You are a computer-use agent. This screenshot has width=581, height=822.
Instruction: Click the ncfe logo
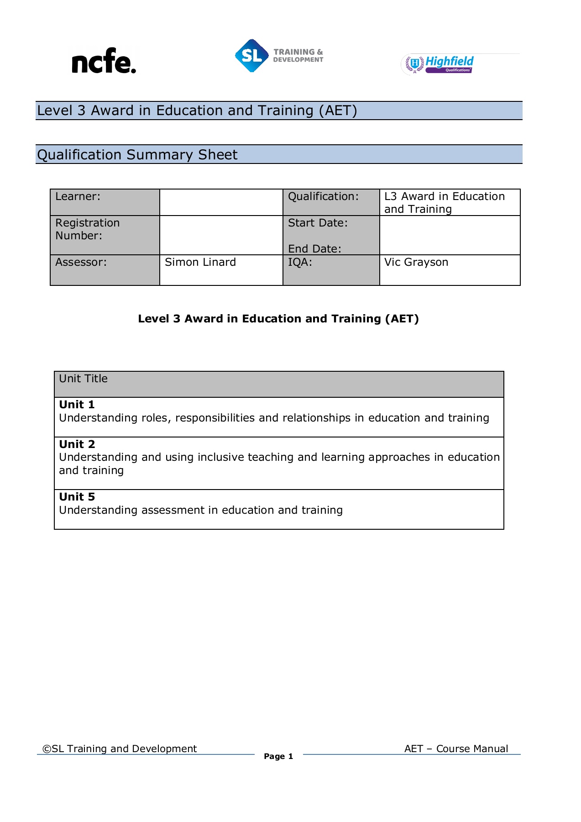(104, 61)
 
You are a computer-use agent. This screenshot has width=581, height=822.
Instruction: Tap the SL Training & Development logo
(279, 56)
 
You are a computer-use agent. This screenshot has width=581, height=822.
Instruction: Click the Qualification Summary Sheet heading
(137, 155)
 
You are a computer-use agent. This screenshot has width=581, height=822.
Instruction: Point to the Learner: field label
(78, 197)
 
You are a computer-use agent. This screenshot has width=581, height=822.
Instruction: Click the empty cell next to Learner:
(221, 202)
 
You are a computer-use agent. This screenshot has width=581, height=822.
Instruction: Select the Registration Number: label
(87, 229)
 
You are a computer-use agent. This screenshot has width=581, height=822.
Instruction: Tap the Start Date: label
(318, 223)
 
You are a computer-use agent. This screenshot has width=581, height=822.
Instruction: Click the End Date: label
(314, 249)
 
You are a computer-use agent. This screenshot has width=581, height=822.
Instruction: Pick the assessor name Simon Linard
(200, 262)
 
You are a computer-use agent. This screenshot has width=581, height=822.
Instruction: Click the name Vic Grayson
(416, 262)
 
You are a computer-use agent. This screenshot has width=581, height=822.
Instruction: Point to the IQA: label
(300, 262)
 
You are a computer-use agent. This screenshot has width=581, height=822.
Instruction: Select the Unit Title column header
(83, 379)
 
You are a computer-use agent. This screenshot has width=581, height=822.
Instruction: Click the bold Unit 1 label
(77, 405)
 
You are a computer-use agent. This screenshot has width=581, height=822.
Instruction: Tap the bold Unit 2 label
(77, 444)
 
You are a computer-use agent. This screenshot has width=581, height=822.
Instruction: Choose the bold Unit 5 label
(77, 497)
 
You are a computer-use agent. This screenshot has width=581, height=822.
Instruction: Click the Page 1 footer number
(278, 756)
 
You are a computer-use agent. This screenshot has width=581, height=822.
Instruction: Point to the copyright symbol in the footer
(47, 749)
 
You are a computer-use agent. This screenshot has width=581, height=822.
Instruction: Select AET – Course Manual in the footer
(456, 748)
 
